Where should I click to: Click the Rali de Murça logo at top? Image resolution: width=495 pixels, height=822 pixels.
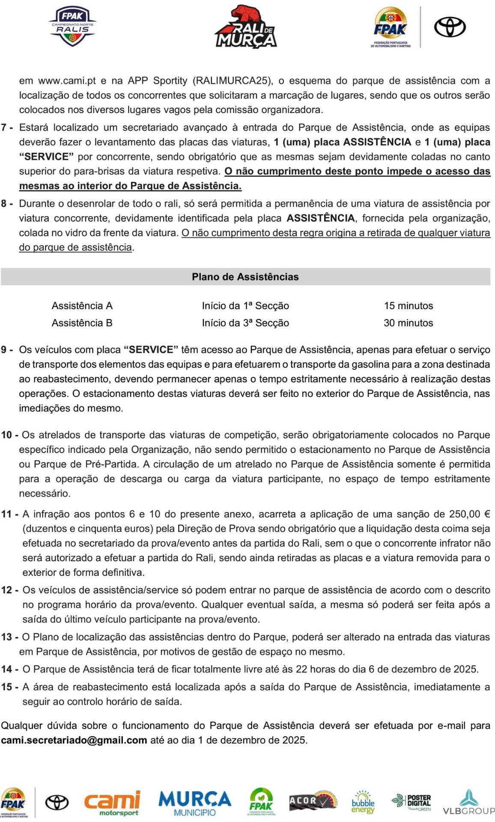coord(246,27)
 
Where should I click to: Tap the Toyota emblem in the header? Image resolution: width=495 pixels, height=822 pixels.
coord(450,27)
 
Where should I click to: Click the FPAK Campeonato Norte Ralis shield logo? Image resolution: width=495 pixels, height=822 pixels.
coord(72,27)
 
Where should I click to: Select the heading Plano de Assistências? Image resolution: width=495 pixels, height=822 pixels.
coord(245,277)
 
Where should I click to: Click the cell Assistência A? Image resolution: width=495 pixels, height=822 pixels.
coord(82,306)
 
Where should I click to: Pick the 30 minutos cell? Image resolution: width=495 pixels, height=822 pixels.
coord(408,323)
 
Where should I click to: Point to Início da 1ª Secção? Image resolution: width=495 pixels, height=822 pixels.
coord(245,306)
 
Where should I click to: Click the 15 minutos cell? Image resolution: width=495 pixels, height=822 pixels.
coord(408,306)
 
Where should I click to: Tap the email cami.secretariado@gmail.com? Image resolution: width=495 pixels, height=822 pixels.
coord(74,740)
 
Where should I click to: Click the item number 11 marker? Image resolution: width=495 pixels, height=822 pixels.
coord(9,514)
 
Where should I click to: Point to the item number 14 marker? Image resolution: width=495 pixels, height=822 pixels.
coord(9,669)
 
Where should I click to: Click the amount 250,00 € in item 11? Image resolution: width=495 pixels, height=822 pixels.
coord(469,514)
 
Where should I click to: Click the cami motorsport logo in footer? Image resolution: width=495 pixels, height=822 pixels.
coord(112,803)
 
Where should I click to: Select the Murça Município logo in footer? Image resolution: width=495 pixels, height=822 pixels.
coord(195,803)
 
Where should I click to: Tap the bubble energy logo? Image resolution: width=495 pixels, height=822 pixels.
coord(363,803)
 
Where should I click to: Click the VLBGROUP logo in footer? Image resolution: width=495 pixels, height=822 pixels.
coord(468,803)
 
